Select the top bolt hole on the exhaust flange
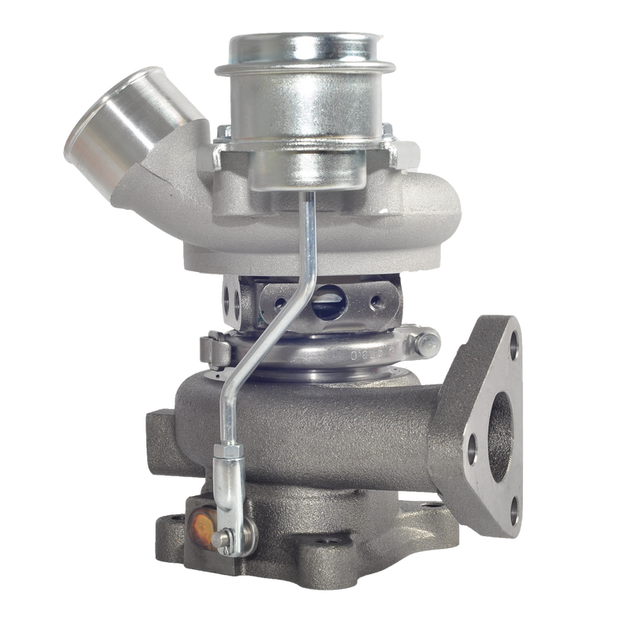(x=513, y=344)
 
